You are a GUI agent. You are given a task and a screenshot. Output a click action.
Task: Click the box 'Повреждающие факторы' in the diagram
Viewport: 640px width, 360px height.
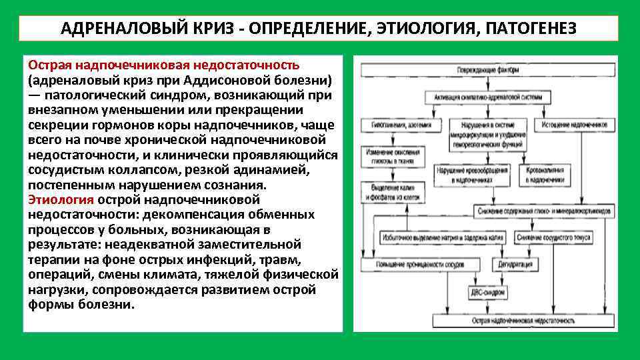489,70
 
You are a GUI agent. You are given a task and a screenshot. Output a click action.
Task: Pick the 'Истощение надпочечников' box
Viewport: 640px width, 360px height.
574,125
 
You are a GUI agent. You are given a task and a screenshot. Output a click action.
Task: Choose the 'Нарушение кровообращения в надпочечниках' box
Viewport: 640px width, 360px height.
471,175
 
